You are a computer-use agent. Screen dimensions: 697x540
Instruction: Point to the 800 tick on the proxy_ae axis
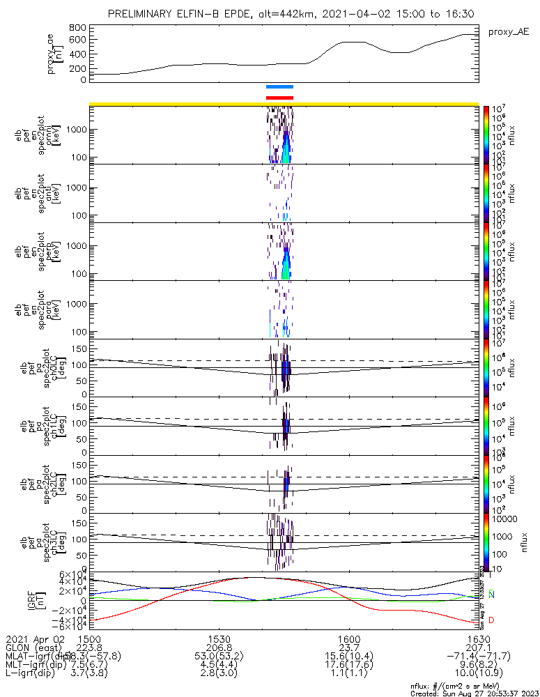[78, 28]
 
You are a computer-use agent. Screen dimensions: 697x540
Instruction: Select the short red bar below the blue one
[280, 98]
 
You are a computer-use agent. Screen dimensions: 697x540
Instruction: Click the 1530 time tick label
[219, 638]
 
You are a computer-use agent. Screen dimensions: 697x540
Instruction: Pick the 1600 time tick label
[349, 638]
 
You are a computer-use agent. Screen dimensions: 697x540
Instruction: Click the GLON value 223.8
[91, 647]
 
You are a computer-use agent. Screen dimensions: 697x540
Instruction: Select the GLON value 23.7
[349, 647]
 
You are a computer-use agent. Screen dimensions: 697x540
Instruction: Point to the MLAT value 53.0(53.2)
[219, 656]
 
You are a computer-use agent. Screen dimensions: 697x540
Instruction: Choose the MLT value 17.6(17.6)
[349, 664]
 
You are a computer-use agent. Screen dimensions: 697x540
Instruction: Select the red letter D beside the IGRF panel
[491, 620]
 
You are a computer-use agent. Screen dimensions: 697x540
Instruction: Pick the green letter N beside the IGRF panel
[491, 595]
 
